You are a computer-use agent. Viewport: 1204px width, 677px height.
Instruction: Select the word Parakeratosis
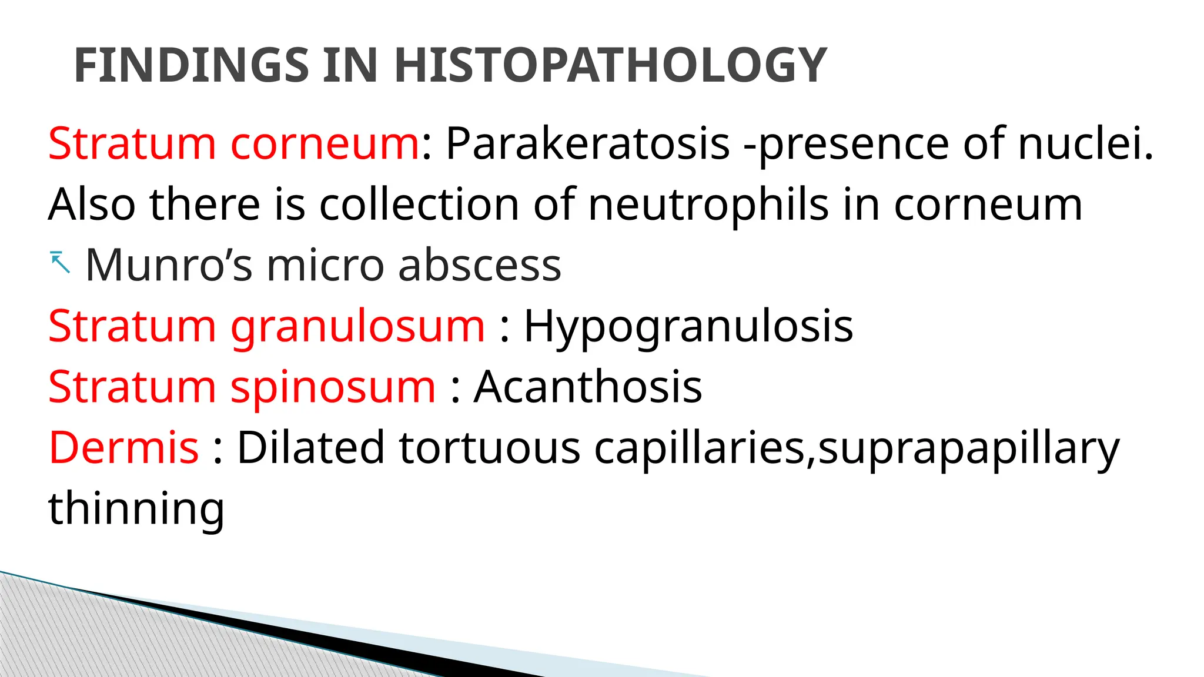[587, 143]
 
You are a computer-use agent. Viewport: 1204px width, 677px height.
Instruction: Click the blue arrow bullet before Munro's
[60, 262]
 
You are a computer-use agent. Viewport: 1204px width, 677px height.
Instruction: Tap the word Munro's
[169, 265]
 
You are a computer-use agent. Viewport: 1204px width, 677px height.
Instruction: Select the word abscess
[479, 265]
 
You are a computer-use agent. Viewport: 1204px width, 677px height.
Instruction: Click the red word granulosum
[357, 326]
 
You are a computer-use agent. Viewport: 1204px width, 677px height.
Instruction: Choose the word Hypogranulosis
[688, 326]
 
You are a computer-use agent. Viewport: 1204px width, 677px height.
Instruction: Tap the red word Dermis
[123, 448]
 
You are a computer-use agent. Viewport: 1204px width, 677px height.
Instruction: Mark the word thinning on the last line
[136, 509]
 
